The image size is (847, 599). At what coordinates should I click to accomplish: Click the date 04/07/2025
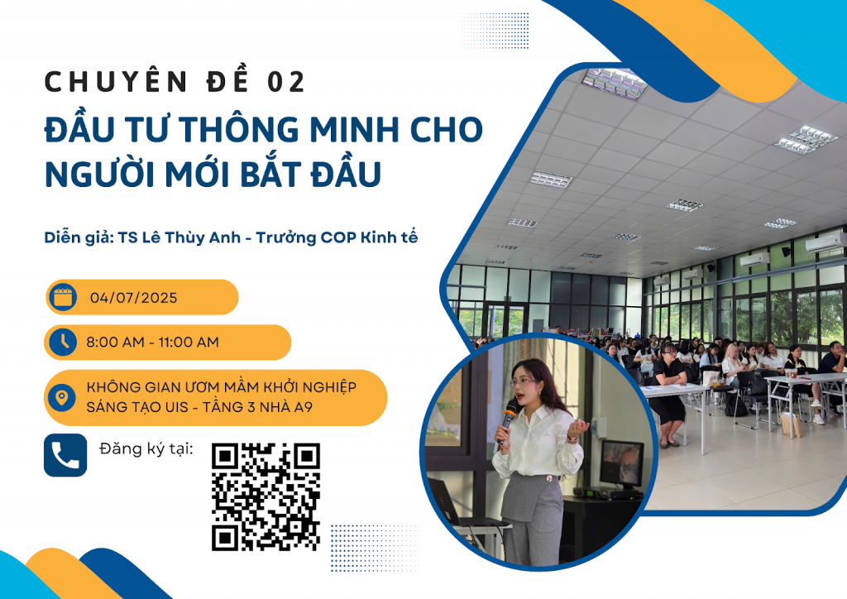click(133, 298)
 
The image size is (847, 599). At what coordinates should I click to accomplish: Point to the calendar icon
click(63, 297)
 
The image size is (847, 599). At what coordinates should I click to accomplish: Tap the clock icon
click(63, 342)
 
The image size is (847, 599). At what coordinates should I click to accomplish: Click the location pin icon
click(61, 397)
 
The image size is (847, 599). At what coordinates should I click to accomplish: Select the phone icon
click(65, 455)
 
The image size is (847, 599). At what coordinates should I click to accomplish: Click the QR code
click(266, 496)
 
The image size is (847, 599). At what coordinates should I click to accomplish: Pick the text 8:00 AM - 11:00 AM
click(152, 342)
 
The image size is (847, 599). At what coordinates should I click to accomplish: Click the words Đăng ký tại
click(146, 449)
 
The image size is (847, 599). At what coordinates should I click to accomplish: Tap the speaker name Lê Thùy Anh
click(191, 237)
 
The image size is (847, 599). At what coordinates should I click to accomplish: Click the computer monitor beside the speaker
click(621, 462)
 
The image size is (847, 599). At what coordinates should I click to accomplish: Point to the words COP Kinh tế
click(369, 237)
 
